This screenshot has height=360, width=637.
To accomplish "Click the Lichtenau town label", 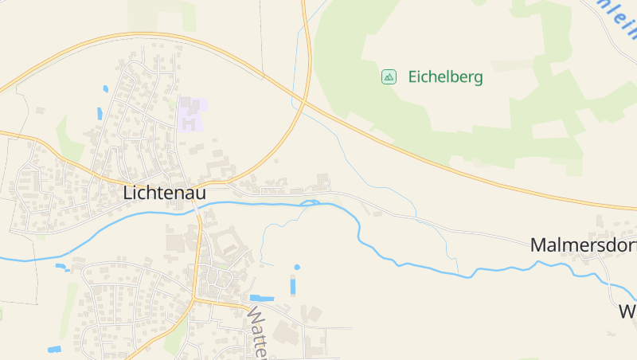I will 165,193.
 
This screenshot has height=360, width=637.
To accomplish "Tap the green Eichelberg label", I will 445,77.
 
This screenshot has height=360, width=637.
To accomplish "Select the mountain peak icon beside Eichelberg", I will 389,76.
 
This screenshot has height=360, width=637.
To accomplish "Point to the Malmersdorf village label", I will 583,245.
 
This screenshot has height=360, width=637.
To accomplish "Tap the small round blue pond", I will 297,267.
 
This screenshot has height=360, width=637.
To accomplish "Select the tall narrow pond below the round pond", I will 292,286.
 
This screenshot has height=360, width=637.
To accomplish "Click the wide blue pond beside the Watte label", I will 262,298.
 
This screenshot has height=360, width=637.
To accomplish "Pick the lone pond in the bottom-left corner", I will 54,349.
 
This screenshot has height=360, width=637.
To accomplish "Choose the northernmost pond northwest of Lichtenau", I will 105,88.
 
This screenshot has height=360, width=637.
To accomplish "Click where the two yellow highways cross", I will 305,102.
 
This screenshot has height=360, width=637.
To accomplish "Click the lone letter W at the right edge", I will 627,311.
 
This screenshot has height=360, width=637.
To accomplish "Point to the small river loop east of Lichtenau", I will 311,203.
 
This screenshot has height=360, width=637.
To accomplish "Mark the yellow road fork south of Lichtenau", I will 194,300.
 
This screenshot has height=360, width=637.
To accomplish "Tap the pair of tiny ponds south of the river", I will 61,267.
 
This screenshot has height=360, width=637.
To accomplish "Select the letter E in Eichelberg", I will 413,77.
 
